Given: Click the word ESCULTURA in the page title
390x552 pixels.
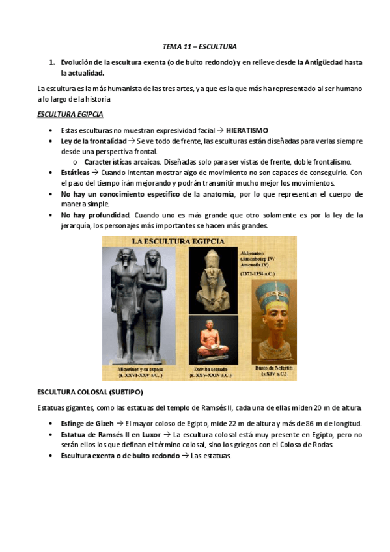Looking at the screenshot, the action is pos(217,47).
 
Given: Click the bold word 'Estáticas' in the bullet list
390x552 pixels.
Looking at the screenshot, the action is pos(72,172).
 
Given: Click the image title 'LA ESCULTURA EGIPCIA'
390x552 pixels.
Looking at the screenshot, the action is pos(178,241).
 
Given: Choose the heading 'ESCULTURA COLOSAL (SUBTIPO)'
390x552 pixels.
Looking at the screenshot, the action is pos(90,393).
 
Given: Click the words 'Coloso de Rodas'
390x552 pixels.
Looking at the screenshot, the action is pos(307,445).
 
